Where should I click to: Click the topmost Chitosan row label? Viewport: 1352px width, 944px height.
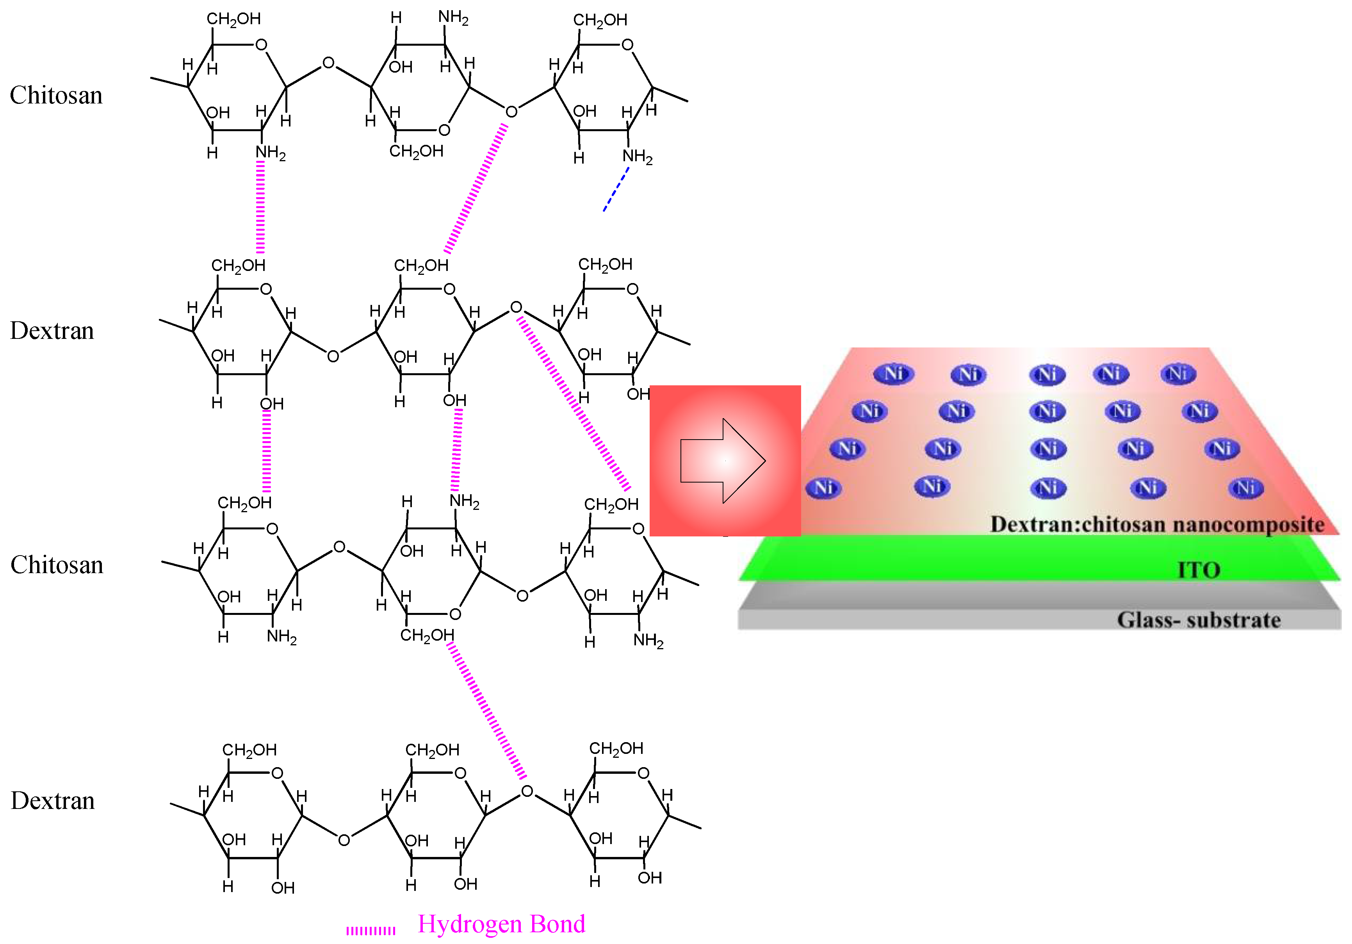coord(56,95)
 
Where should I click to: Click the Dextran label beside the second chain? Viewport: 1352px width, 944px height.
coord(52,331)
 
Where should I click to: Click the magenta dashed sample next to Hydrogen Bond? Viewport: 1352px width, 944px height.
coord(371,930)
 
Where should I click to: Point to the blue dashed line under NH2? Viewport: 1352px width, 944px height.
coord(615,190)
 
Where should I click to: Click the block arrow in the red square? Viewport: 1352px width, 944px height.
coord(723,461)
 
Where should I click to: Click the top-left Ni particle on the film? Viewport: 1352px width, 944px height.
coord(893,373)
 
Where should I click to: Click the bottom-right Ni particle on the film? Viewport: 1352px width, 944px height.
coord(1245,488)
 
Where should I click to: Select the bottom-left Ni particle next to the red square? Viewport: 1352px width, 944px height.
coord(823,488)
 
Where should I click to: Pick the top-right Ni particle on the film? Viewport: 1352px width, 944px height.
coord(1178,373)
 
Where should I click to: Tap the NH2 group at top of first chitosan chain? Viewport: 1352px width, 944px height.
coord(453,18)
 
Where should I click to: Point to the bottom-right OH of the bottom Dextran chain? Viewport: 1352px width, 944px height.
coord(650,878)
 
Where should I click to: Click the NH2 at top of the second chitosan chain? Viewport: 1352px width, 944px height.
coord(464,501)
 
